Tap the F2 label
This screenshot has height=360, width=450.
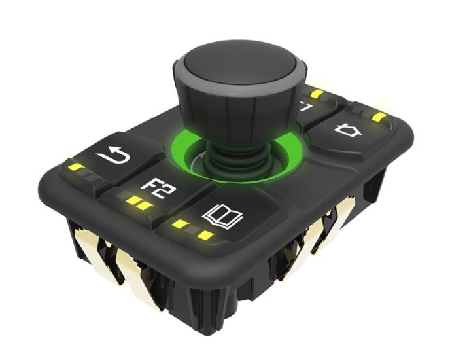pos(156,188)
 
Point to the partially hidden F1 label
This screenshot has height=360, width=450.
pos(306,106)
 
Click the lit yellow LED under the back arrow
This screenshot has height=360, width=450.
pos(76,168)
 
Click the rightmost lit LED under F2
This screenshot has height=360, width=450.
pos(145,206)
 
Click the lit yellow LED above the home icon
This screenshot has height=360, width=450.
pos(378,117)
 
